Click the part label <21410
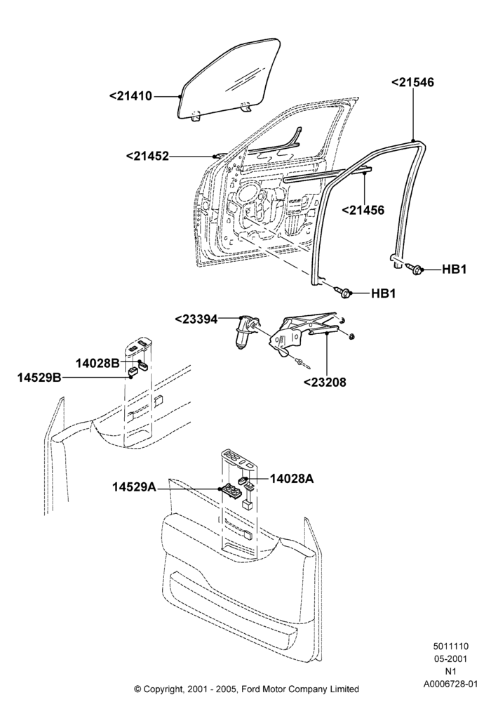click(x=130, y=95)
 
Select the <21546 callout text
click(x=412, y=82)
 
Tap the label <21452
click(x=147, y=157)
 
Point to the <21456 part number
click(x=363, y=210)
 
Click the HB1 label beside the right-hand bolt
click(x=455, y=269)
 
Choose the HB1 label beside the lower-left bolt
click(x=383, y=293)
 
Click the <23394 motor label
click(x=196, y=319)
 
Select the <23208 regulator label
click(x=325, y=383)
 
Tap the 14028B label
click(x=97, y=363)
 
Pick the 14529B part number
click(x=39, y=378)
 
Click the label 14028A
click(x=292, y=479)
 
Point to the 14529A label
click(x=134, y=486)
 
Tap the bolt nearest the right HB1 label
click(x=415, y=268)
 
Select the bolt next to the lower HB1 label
click(x=344, y=292)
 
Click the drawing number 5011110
click(x=451, y=647)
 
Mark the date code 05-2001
click(x=451, y=659)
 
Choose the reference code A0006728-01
click(x=451, y=684)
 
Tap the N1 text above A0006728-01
click(x=451, y=672)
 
